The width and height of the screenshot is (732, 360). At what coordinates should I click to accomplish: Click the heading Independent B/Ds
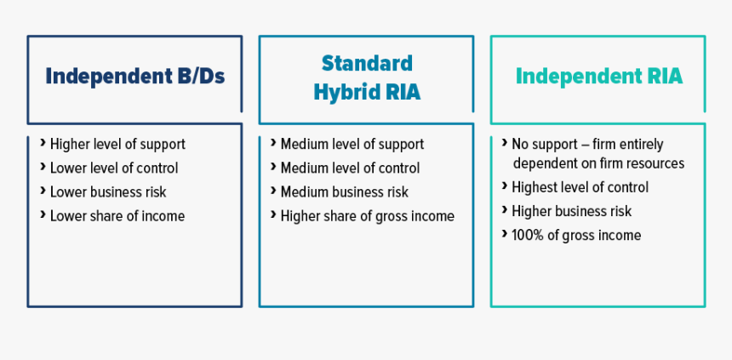pos(135,76)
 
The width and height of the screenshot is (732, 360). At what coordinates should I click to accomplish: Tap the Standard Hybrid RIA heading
pos(367,77)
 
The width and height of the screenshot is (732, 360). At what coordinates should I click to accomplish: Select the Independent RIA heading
pos(599,76)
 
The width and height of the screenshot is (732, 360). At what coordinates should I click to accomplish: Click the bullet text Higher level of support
pos(117,145)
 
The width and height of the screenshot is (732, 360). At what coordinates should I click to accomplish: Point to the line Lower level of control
pos(114,169)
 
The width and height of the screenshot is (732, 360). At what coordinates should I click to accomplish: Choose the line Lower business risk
pos(108,191)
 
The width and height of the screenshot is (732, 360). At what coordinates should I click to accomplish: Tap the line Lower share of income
pos(117,215)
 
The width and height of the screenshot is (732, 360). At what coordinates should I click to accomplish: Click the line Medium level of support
pos(352,145)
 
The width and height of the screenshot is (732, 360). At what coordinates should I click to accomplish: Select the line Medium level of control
pos(350,169)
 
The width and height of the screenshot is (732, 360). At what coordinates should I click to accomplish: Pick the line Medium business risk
pos(344,191)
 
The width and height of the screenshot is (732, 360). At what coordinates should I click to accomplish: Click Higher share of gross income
pos(367,216)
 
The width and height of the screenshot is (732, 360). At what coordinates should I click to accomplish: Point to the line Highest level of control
pos(580,187)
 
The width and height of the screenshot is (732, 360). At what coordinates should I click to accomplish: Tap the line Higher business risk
pos(571,211)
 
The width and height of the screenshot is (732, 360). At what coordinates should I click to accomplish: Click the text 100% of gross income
pos(576,236)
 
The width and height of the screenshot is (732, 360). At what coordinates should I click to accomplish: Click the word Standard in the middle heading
pos(367,64)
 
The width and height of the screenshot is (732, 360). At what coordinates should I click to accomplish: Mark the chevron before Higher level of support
pos(43,142)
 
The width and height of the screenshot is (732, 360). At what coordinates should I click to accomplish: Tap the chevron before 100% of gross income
pos(505,232)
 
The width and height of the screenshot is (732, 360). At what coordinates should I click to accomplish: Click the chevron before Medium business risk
pos(273,190)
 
